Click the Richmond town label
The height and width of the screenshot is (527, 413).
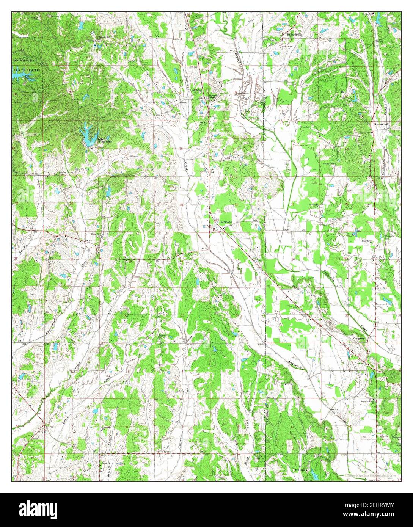[226, 222]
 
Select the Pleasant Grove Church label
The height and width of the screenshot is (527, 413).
[367, 400]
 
